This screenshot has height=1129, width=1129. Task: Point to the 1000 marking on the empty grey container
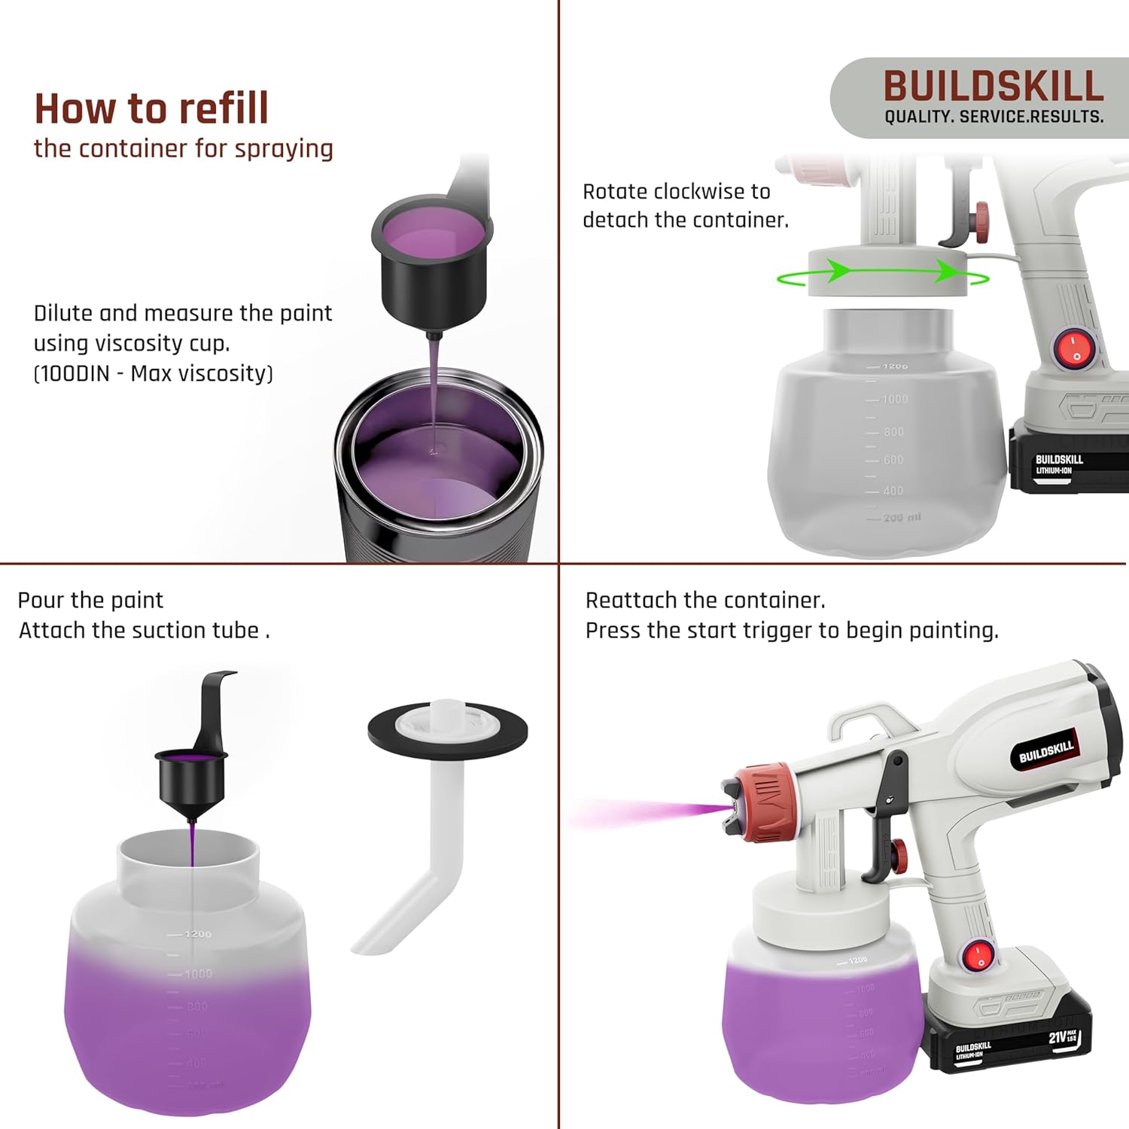click(x=894, y=399)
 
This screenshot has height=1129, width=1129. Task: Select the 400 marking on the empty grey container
click(x=893, y=491)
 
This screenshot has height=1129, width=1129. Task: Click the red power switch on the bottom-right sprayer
click(x=979, y=956)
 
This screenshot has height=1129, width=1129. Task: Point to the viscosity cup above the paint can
click(x=433, y=256)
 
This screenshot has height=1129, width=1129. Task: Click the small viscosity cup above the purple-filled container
click(x=191, y=779)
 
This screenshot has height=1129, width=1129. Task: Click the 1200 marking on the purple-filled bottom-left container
click(x=197, y=934)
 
